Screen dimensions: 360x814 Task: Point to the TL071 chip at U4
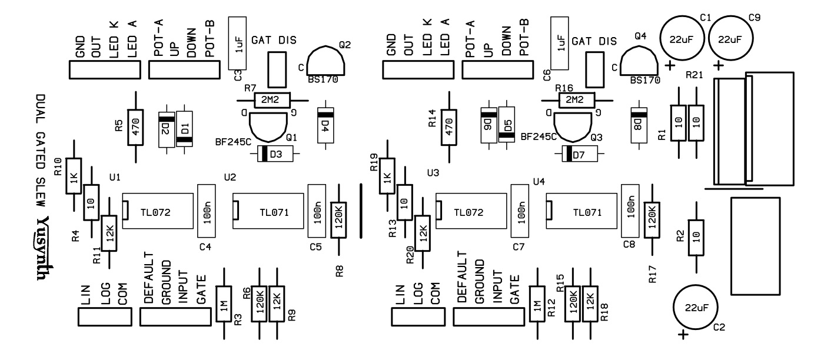tap(583, 212)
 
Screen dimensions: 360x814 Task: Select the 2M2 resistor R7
tap(272, 100)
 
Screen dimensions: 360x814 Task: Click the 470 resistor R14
tap(450, 127)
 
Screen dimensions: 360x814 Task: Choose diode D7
tap(579, 155)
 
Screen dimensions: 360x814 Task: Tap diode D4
tap(324, 124)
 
